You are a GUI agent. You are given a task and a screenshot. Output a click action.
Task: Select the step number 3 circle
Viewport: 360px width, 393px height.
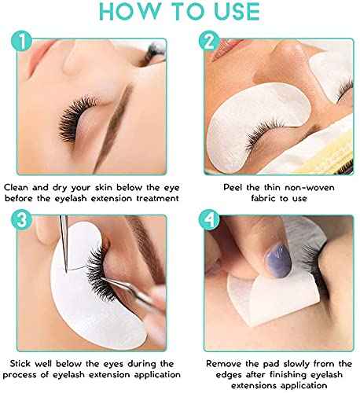coord(24,219)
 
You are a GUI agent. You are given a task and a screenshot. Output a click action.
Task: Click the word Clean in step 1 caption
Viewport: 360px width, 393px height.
coord(19,188)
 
